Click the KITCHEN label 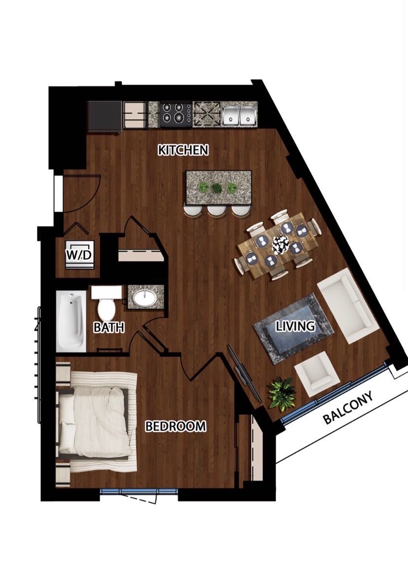pos(183,150)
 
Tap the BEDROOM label pos(175,426)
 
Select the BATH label pos(109,327)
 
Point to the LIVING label pos(296,326)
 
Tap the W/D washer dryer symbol pos(79,255)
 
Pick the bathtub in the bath pos(71,321)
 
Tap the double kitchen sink pos(240,115)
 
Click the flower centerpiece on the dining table pos(281,244)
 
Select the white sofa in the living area pos(348,306)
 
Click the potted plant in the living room pos(282,393)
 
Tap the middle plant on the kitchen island pos(216,188)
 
